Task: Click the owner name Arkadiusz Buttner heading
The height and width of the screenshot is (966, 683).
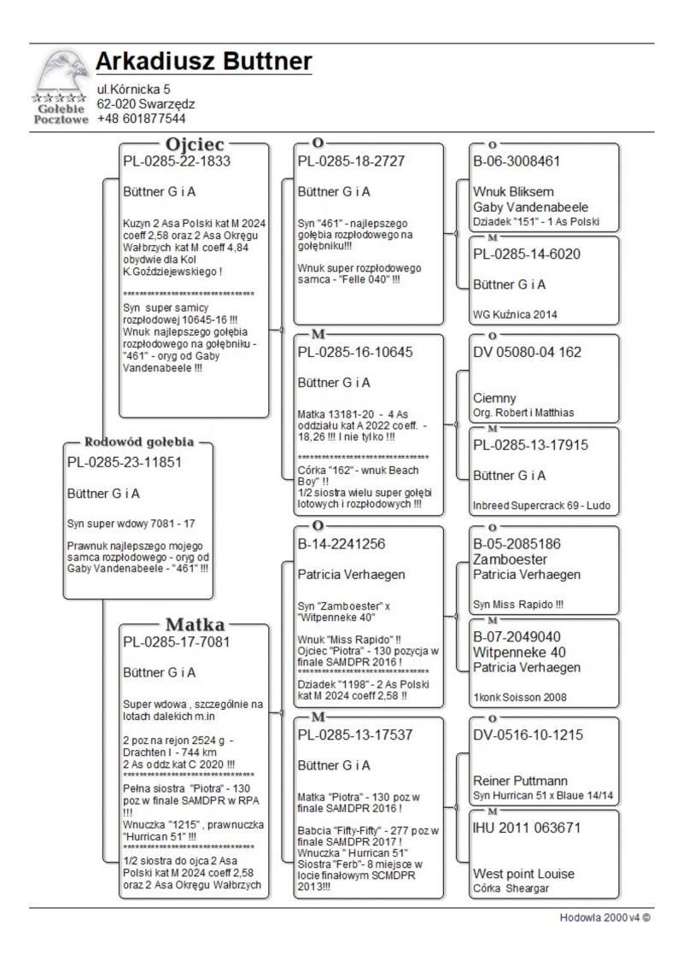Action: pos(203,62)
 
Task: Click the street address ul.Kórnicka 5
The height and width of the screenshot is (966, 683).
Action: pos(134,89)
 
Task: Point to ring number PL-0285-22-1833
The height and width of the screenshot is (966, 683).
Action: pos(177,161)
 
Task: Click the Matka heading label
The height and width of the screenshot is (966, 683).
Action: pos(194,623)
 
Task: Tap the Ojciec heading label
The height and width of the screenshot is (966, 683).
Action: pos(195,143)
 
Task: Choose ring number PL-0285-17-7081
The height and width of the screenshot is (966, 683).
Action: pos(177,641)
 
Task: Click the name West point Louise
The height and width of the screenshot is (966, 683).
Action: pos(523,874)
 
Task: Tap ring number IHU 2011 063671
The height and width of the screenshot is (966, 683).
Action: pos(527,828)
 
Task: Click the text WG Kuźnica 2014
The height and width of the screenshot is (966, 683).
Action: pos(515,314)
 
